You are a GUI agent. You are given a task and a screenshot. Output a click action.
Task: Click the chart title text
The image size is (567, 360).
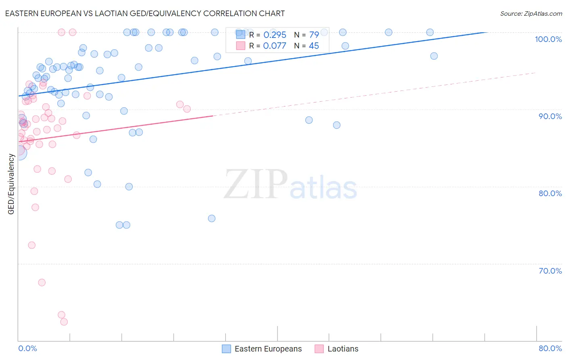point(145,13)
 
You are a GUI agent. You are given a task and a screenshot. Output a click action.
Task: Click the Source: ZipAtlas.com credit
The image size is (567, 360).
point(531,14)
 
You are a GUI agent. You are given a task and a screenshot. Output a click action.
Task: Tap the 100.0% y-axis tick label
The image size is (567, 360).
point(548,39)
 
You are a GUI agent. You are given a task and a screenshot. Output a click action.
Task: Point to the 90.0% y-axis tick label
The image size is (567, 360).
point(550,116)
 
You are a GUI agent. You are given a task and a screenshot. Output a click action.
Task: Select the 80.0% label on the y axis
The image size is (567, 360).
point(550,193)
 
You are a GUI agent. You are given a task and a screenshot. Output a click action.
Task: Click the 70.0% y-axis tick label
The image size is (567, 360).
point(550,271)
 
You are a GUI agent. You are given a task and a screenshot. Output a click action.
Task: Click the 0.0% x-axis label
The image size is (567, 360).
point(27,348)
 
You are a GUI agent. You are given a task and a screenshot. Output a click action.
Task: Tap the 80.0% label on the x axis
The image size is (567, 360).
point(550,348)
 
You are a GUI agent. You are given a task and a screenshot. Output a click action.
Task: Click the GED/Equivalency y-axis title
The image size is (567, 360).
point(11,184)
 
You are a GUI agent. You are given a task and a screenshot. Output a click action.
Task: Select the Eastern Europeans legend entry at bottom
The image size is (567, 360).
point(268,349)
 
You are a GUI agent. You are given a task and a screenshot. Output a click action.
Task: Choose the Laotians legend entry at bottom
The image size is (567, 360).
point(342,349)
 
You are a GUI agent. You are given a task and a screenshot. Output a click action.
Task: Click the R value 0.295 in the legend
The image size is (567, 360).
point(275,35)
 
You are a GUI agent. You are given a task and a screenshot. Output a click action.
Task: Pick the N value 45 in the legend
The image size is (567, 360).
point(314,46)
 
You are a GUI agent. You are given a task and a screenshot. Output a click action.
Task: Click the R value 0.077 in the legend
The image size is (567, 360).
point(275,46)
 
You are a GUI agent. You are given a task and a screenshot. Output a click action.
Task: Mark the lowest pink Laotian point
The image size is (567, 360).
point(64,322)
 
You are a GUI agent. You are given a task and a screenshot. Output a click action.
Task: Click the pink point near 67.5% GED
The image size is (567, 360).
point(42,283)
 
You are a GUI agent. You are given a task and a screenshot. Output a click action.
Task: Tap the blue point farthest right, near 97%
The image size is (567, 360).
point(434,56)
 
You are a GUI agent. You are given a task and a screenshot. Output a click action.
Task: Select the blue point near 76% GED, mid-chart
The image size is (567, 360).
point(212,218)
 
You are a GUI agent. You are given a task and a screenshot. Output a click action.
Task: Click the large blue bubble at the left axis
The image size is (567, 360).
point(19,153)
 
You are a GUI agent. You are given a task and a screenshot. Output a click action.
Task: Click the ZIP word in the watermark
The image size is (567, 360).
point(256,184)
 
